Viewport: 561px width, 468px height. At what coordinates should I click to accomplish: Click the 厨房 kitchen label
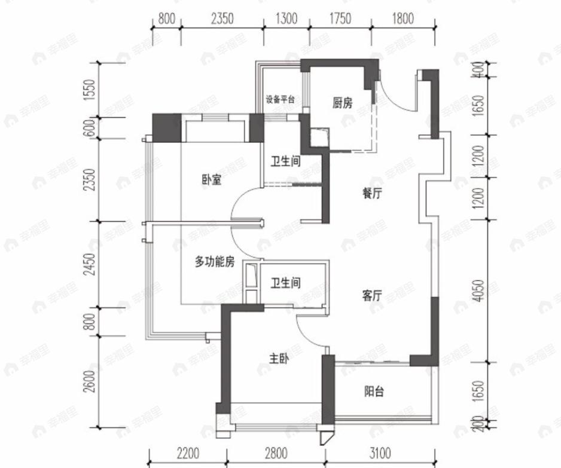[343, 103]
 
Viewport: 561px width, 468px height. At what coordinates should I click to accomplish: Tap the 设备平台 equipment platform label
[280, 100]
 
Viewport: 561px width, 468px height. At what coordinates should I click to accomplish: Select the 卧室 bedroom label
[211, 179]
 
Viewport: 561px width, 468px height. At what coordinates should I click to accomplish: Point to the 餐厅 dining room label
[372, 194]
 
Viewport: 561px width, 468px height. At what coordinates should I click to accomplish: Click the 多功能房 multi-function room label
[214, 261]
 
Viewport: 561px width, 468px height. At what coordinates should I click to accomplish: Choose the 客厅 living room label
[372, 295]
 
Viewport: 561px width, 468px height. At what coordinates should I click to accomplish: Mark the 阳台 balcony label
[374, 392]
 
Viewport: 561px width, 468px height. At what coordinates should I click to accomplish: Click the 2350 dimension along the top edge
[222, 19]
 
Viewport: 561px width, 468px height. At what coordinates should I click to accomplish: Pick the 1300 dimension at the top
[286, 19]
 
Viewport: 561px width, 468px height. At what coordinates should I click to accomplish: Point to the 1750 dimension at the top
[340, 19]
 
